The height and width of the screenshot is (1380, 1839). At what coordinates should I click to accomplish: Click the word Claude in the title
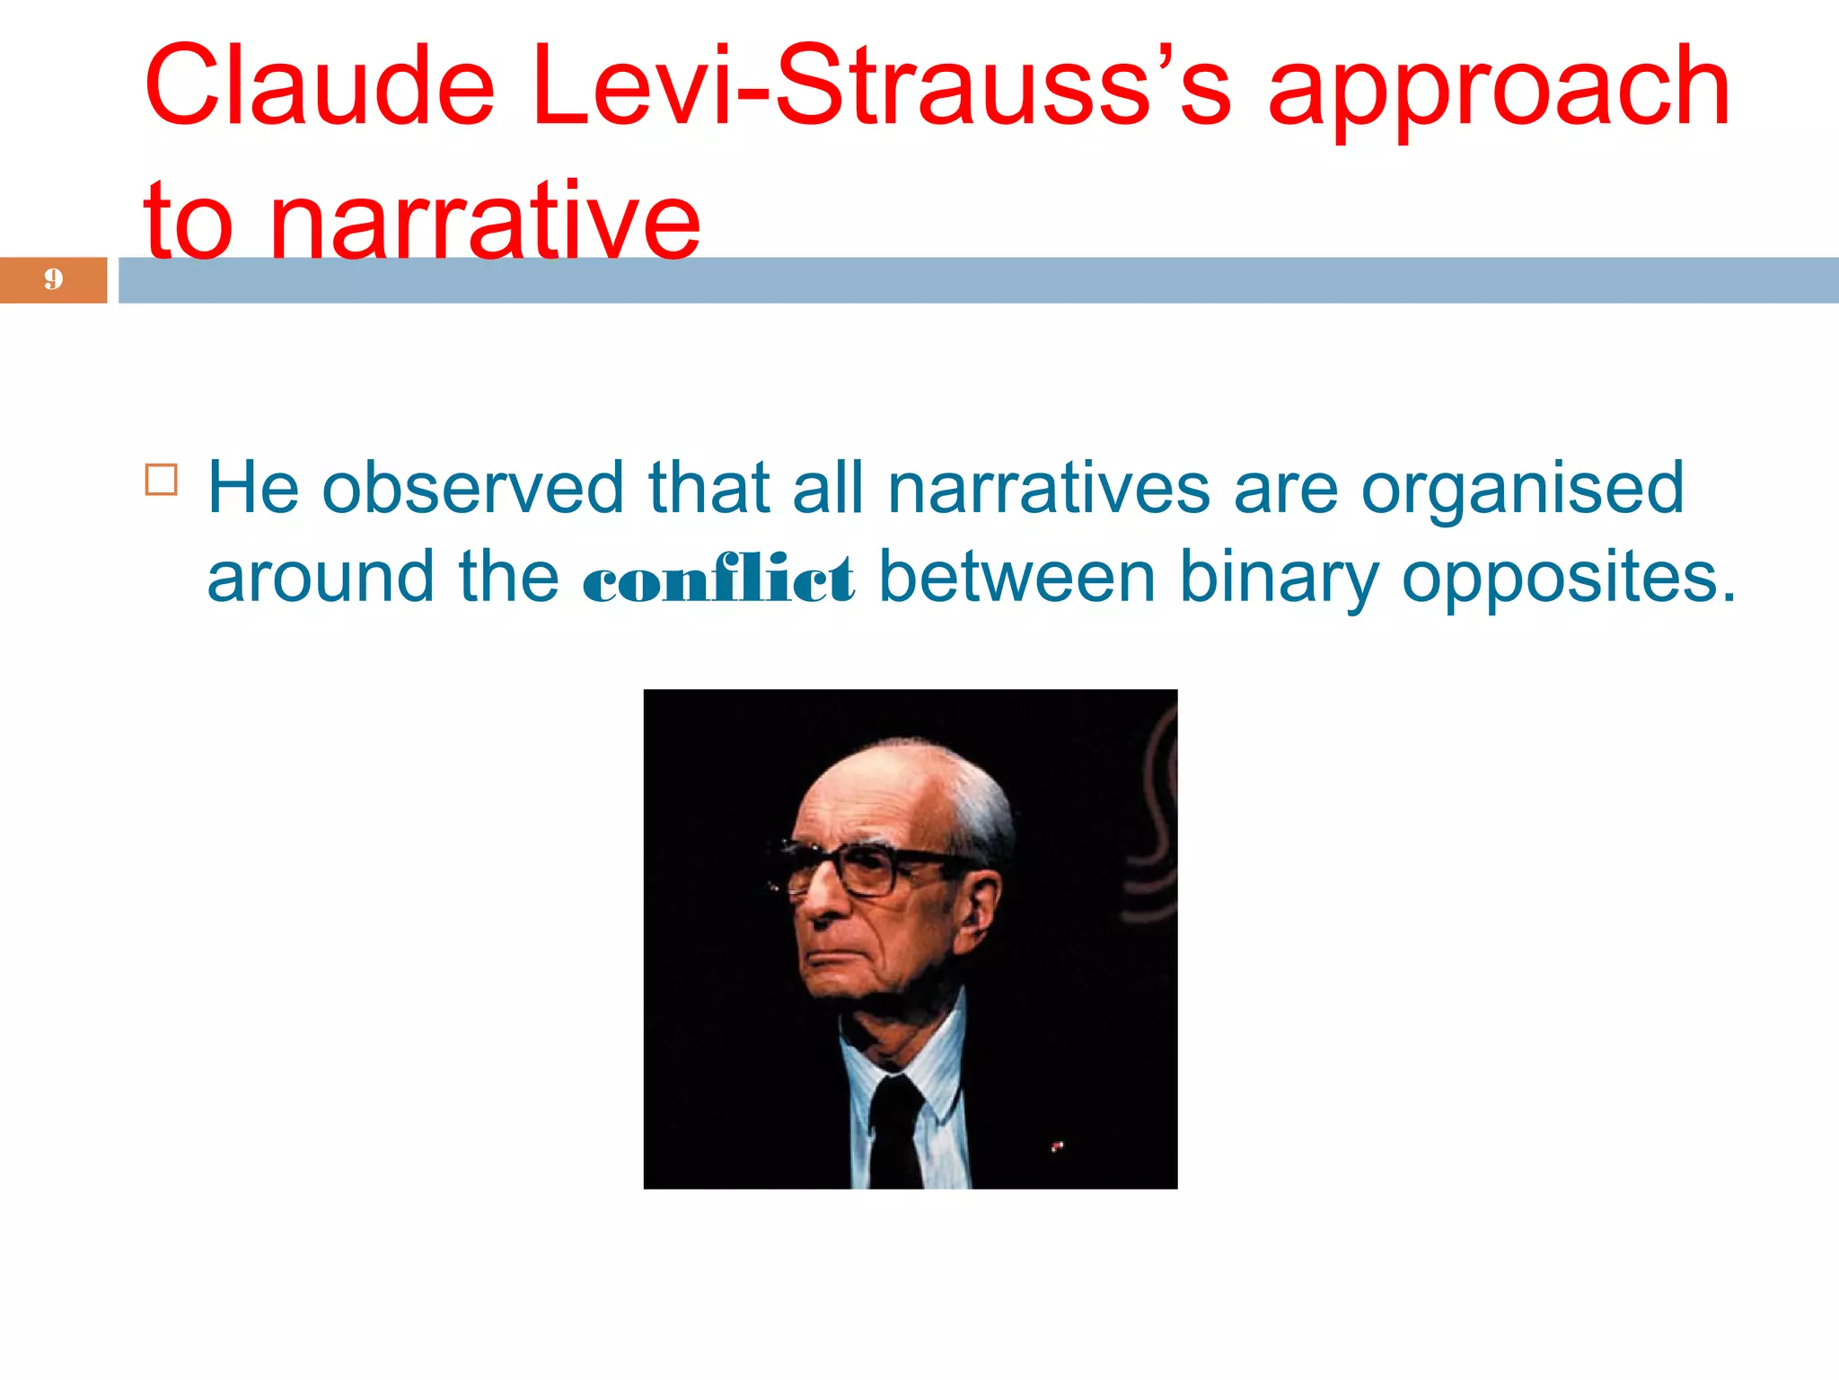(x=320, y=87)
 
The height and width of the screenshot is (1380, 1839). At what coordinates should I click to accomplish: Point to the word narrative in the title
(x=485, y=221)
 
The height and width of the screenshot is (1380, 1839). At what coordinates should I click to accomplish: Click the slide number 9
(x=54, y=279)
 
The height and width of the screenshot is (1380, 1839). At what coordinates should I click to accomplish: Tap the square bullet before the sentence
(x=162, y=480)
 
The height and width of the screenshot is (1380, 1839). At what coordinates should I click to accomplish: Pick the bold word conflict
(x=718, y=579)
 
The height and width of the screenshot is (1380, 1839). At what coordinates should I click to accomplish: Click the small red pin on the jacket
(x=1058, y=1146)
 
